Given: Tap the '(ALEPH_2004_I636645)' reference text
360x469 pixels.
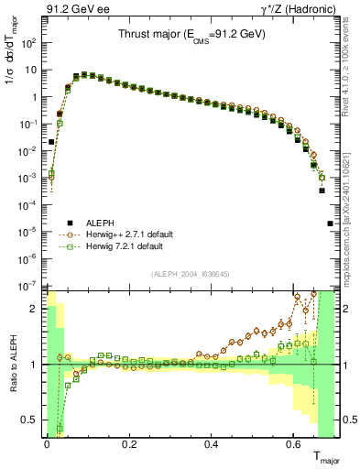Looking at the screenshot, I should [x=191, y=275].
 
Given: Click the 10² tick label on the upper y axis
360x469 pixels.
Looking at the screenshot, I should [x=28, y=43].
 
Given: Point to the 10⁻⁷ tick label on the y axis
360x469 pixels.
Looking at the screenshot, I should [x=28, y=287].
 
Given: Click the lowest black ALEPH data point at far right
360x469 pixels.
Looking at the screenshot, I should [x=331, y=224].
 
